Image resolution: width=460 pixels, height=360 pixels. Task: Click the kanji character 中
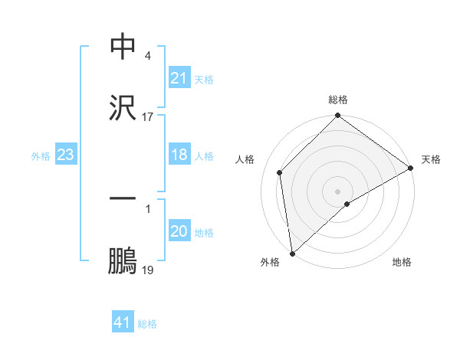(123, 47)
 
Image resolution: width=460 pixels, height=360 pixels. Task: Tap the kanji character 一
(123, 198)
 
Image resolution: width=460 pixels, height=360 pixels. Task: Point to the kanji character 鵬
(123, 260)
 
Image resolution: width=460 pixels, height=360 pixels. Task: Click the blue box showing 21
(179, 78)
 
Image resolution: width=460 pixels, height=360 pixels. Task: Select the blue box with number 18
(179, 155)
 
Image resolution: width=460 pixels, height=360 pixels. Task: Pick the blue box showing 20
(179, 231)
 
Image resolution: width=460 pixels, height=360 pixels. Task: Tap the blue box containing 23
(66, 155)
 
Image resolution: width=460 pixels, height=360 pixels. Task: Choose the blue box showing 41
(123, 323)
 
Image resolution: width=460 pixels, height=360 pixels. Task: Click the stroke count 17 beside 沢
(148, 116)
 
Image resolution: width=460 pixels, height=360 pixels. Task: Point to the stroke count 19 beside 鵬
(148, 270)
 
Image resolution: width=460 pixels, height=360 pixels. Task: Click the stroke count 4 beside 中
(147, 55)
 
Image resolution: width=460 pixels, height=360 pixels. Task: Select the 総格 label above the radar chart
(338, 100)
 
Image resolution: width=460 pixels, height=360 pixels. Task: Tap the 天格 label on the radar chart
(431, 159)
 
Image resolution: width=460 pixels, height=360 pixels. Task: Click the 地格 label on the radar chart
(402, 262)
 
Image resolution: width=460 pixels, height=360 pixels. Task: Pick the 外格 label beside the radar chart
(270, 262)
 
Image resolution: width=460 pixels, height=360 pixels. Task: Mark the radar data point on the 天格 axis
(411, 168)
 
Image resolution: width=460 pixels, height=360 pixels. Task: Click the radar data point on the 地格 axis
(347, 204)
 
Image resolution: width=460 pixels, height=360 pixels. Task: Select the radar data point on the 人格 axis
(280, 172)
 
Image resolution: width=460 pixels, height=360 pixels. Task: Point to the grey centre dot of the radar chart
(338, 191)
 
